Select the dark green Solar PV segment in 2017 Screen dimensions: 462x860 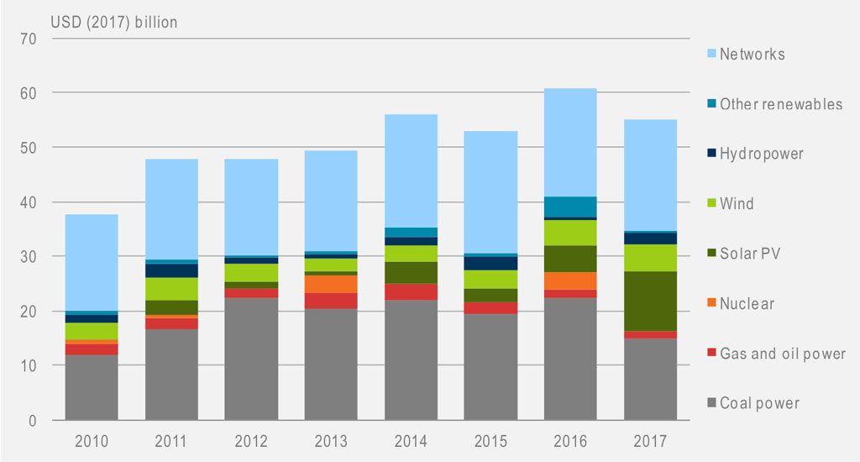pos(650,301)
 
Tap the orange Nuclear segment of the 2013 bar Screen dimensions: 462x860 pos(331,283)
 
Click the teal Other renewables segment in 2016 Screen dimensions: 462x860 pos(570,207)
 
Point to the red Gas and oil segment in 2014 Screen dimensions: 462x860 pos(411,291)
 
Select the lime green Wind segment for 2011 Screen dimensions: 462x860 pos(171,289)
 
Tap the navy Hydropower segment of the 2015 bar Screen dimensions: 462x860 pos(490,263)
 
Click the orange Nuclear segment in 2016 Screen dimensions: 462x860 pos(570,281)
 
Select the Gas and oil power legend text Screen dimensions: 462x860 pos(782,354)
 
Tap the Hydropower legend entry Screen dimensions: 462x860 pos(761,155)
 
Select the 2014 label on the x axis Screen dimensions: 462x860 pos(411,439)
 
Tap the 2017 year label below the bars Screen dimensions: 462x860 pos(650,439)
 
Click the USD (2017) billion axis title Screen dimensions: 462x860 pos(115,22)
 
